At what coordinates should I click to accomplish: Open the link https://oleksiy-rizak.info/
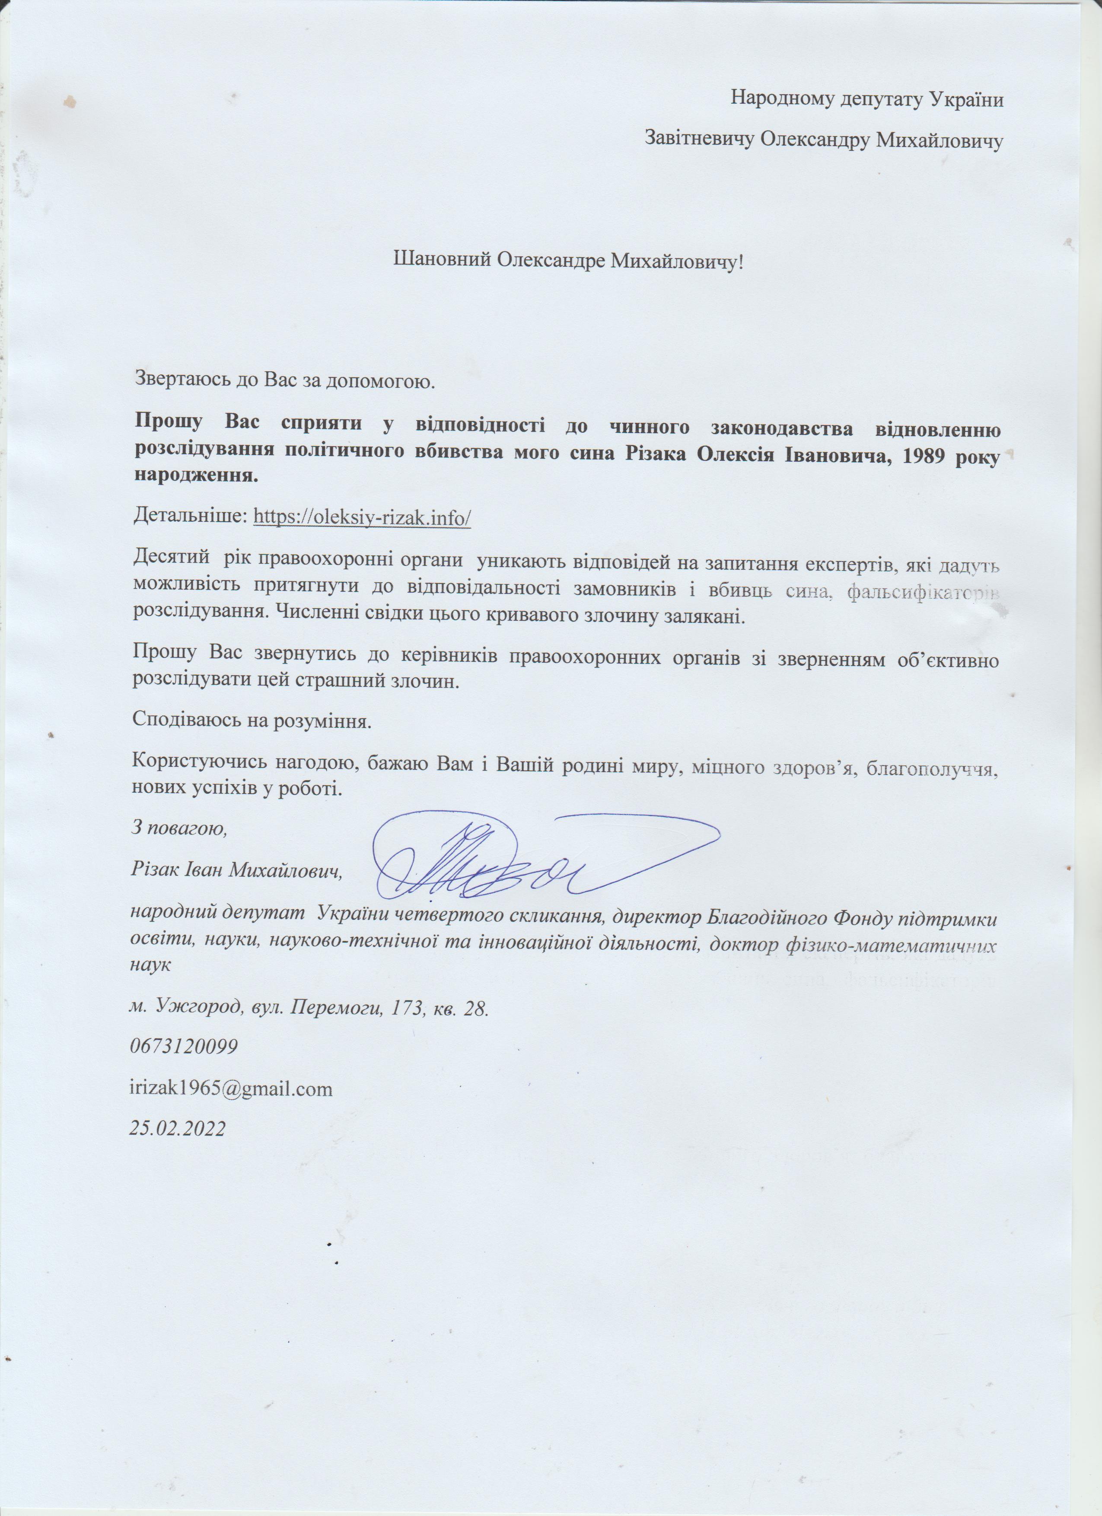coord(362,517)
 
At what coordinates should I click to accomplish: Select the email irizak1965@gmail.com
coord(231,1089)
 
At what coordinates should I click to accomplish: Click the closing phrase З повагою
coord(178,829)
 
